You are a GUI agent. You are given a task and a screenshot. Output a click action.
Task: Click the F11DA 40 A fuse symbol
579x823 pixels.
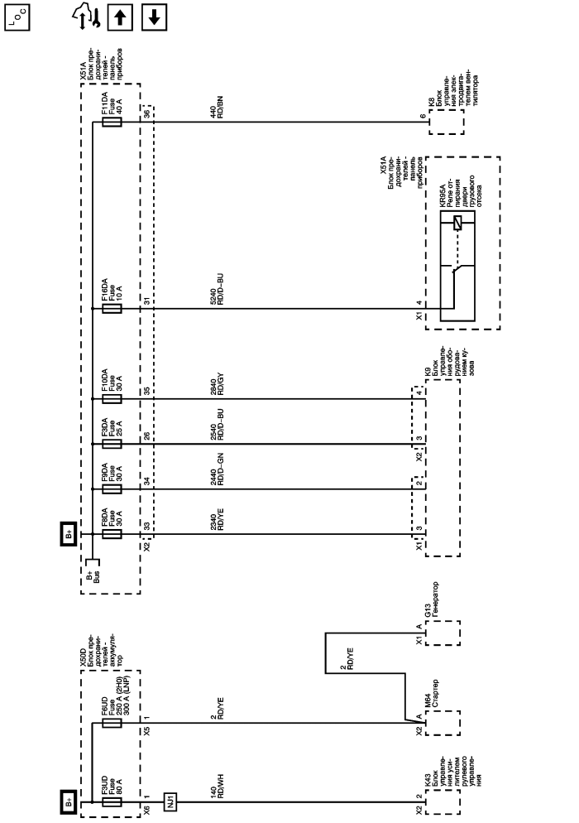[112, 123]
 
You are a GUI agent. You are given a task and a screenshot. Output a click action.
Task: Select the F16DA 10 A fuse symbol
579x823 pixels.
[112, 309]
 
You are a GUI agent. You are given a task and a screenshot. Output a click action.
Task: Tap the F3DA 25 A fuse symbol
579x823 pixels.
[112, 444]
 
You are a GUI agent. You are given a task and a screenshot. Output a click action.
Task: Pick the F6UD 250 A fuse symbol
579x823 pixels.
[112, 723]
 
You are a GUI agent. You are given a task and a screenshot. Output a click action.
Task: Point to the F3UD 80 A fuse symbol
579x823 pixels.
[112, 801]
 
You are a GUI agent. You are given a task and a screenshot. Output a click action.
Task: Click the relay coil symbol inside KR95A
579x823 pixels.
[456, 221]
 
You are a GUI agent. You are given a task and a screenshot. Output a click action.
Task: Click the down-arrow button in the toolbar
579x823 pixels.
[155, 16]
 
